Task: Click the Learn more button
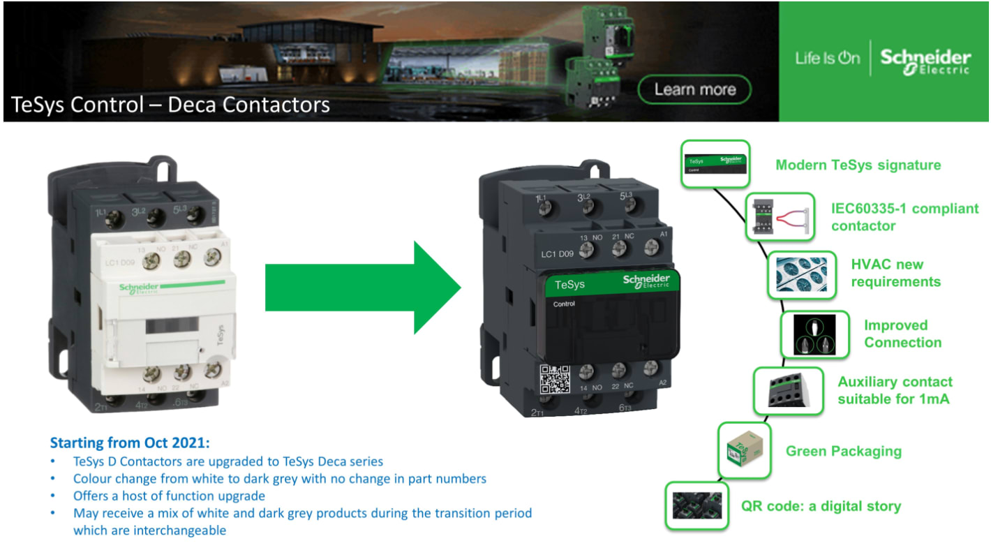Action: [694, 90]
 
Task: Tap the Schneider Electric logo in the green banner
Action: [925, 61]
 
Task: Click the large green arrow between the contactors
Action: [363, 287]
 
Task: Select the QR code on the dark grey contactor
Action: [556, 380]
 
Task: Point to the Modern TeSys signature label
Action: [858, 165]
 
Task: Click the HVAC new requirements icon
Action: [801, 275]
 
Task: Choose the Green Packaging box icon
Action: [745, 452]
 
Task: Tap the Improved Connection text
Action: [902, 334]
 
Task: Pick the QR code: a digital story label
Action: [821, 506]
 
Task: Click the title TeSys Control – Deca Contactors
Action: [170, 105]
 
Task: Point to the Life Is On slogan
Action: [827, 59]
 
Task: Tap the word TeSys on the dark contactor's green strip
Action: [569, 285]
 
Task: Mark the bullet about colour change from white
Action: [279, 479]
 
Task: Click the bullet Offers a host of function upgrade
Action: [169, 496]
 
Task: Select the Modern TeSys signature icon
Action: [715, 164]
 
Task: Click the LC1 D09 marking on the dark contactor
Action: [558, 253]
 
